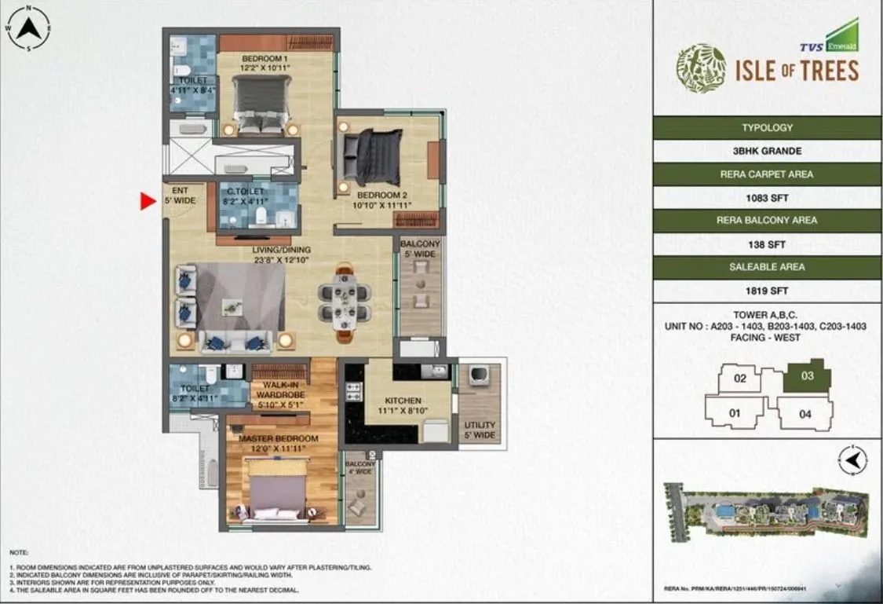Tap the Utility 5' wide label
[x=479, y=430]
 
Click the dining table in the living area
[x=344, y=302]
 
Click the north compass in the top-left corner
[x=28, y=29]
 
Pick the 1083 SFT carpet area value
[x=767, y=198]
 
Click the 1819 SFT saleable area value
[x=767, y=291]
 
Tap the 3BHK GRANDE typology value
[x=767, y=151]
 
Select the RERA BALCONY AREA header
[x=767, y=221]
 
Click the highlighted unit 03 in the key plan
[x=807, y=376]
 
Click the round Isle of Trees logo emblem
[x=701, y=68]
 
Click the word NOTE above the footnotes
[x=19, y=553]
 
